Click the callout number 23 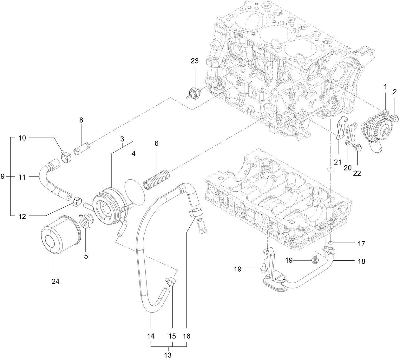click(194, 61)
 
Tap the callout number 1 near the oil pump click(385, 86)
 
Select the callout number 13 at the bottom click(168, 355)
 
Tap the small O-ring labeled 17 click(330, 243)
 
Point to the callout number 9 click(3, 177)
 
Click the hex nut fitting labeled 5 click(85, 221)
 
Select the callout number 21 click(337, 162)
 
